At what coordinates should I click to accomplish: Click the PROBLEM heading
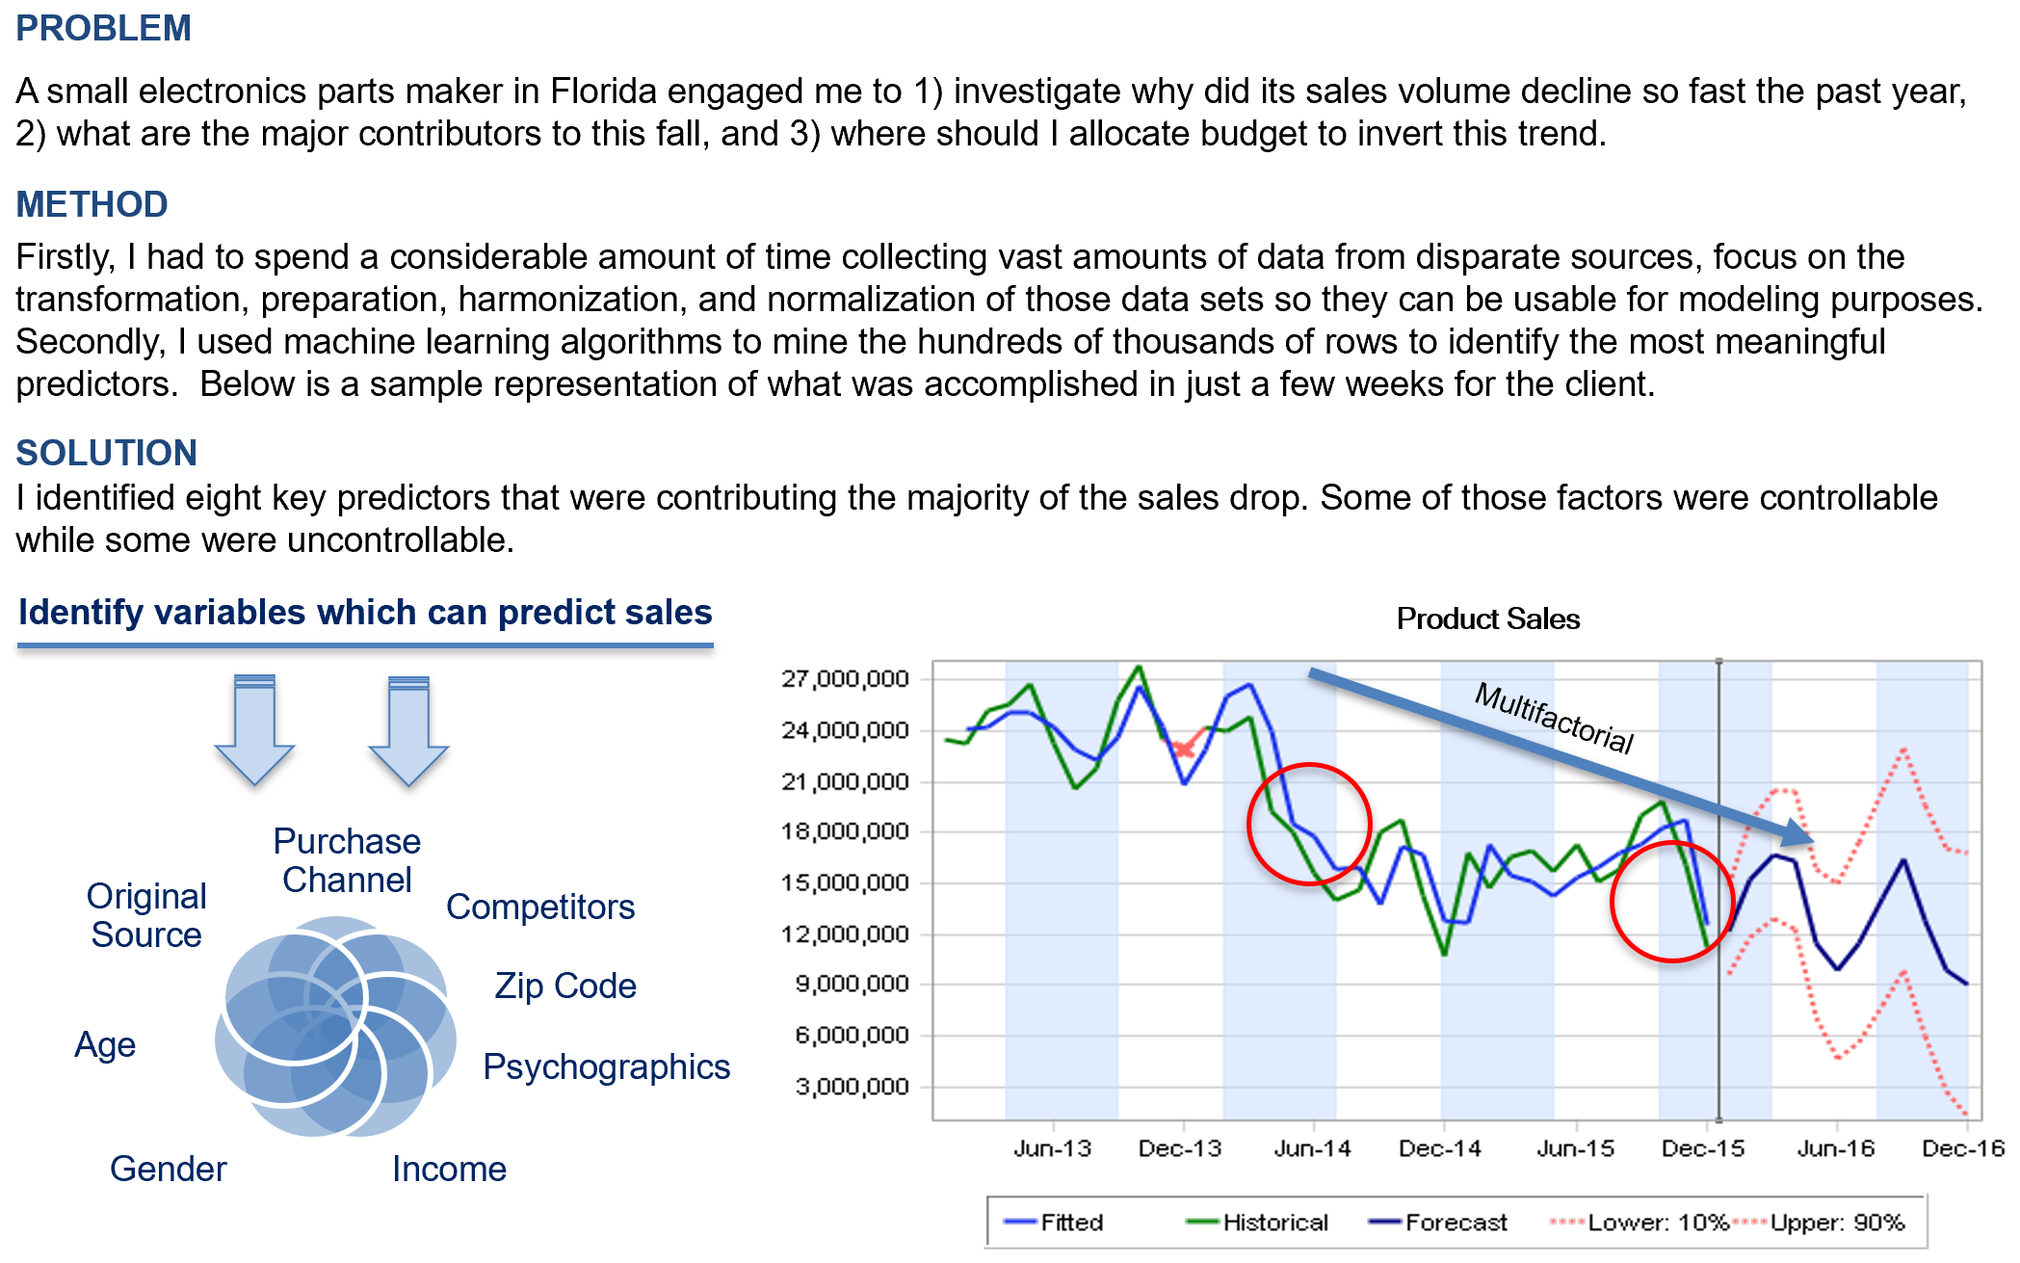pos(103,28)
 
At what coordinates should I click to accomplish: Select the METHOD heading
pos(92,204)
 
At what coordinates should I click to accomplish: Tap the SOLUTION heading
pos(106,453)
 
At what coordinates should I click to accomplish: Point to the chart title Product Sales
pos(1487,618)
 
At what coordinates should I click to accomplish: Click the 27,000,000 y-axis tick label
pos(845,679)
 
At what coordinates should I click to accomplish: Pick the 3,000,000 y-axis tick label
pos(852,1087)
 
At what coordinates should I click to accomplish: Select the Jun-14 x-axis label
pos(1312,1148)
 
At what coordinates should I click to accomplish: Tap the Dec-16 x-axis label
pos(1962,1148)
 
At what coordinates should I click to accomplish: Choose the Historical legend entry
pos(1274,1223)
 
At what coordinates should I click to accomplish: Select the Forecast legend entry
pos(1456,1223)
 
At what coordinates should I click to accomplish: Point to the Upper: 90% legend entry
pos(1836,1223)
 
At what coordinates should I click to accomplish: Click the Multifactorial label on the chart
pos(1554,718)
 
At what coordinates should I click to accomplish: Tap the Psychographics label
pos(606,1066)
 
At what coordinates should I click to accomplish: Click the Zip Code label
pos(564,986)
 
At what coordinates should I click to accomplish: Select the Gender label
pos(168,1169)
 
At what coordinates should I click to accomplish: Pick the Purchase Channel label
pos(347,860)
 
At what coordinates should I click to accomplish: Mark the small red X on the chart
pos(1183,748)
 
